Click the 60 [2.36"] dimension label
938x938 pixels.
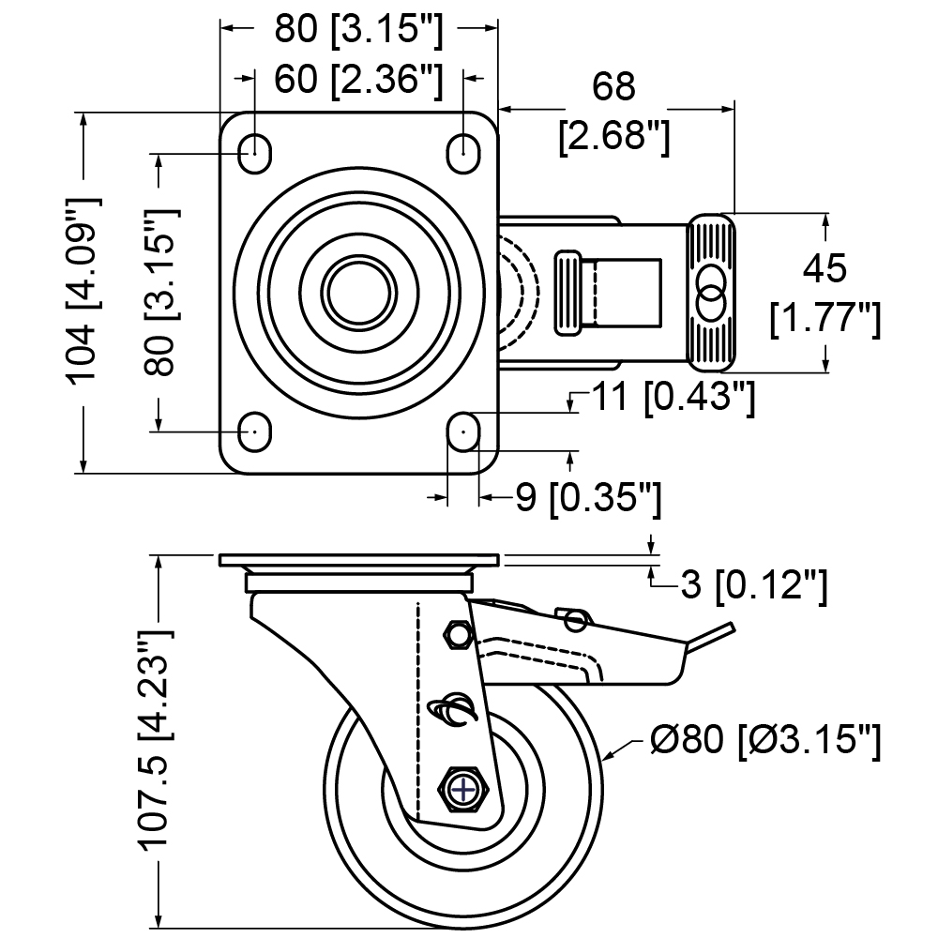(x=359, y=79)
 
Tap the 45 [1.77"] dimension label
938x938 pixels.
(x=825, y=293)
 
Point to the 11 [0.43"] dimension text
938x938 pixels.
(x=673, y=397)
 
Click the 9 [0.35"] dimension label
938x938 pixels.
(x=588, y=497)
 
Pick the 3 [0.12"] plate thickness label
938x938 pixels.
(x=754, y=584)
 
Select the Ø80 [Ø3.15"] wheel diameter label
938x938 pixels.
(x=765, y=741)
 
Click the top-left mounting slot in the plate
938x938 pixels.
(x=255, y=153)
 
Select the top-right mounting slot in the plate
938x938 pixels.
(x=464, y=153)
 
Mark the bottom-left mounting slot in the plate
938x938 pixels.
(x=255, y=431)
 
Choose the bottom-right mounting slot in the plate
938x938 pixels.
(x=464, y=431)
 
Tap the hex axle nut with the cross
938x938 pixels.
(x=465, y=790)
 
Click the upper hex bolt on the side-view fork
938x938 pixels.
(x=459, y=634)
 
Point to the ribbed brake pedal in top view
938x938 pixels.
(x=712, y=293)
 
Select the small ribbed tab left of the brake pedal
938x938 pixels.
(x=568, y=293)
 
